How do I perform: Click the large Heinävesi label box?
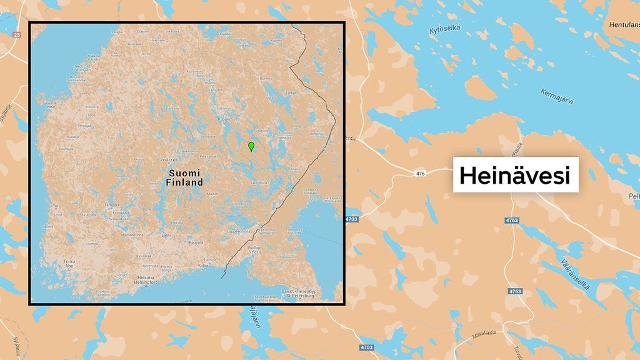(x=515, y=175)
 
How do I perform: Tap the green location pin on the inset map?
(x=251, y=147)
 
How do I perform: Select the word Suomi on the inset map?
(x=184, y=172)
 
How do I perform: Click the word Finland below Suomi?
(x=184, y=182)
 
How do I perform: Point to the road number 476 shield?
(x=418, y=173)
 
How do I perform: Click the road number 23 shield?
(x=16, y=35)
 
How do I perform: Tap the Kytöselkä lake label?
(x=445, y=29)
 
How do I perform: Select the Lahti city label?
(x=166, y=234)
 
